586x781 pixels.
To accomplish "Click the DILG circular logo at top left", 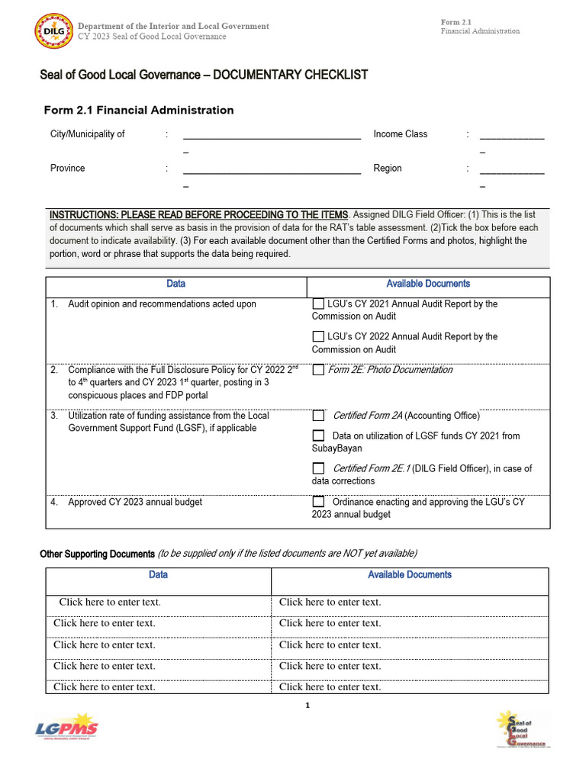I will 54,31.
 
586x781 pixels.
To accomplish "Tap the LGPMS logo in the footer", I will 67,729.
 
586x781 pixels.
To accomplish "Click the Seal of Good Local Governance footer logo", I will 523,729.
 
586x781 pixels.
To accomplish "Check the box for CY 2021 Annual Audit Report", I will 318,304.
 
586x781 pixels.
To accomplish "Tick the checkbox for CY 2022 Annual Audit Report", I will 318,336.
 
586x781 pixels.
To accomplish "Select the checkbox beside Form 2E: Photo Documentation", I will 318,370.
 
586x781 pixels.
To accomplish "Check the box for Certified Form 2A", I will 318,416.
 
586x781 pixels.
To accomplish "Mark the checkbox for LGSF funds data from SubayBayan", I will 318,435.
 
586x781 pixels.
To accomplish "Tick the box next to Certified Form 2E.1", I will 318,469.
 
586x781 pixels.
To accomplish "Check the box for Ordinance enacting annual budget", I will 318,502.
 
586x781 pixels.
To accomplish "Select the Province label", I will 68,168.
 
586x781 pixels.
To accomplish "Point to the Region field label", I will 388,168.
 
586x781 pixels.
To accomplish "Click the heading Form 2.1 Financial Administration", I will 139,110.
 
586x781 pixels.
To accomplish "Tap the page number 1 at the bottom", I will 307,705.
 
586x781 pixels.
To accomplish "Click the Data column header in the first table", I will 175,284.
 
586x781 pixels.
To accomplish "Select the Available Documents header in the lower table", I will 410,574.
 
